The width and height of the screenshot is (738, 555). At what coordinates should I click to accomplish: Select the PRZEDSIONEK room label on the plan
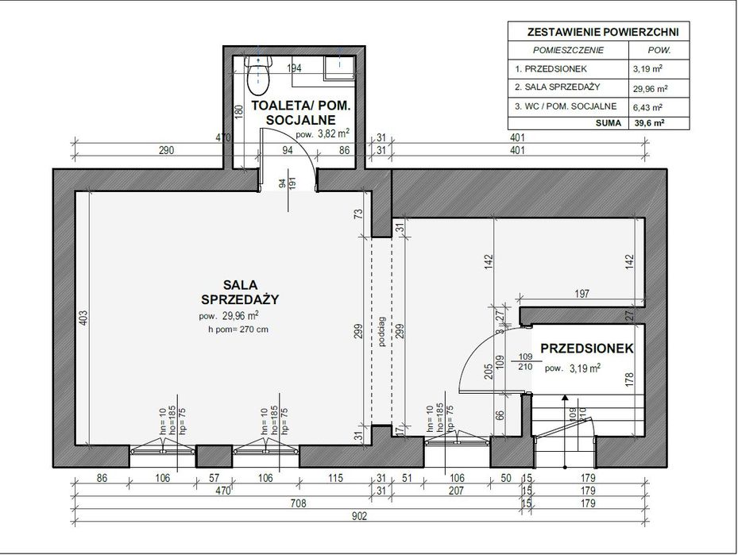(586, 349)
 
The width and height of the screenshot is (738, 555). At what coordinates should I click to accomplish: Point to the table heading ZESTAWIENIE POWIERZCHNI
(597, 32)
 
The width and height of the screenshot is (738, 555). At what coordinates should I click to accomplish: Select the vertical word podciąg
(382, 333)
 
